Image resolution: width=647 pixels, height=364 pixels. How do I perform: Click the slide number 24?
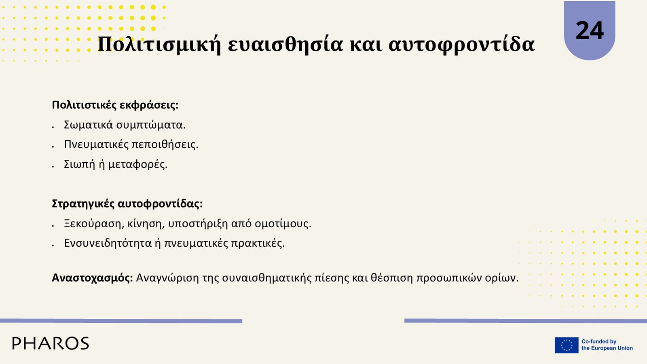pos(590,31)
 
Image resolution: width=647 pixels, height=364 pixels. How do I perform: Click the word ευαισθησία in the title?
pos(285,44)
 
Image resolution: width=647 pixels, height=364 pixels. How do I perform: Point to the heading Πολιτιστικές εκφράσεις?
pos(115,105)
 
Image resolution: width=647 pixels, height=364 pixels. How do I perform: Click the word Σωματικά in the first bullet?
pos(88,125)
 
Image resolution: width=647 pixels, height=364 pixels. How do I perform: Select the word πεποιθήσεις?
pos(165,144)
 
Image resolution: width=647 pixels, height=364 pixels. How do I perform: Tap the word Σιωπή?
pos(79,164)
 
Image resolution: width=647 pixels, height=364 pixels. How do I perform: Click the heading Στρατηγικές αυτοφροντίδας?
pos(127,204)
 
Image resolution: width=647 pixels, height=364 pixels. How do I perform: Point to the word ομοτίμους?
pos(283,224)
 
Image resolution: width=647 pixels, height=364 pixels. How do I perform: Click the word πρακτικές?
pos(258,243)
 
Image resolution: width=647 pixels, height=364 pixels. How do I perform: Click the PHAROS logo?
pos(51,343)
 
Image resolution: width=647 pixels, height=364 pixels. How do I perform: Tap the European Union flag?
pos(567,345)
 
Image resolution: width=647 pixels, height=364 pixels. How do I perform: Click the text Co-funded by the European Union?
pos(607,345)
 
